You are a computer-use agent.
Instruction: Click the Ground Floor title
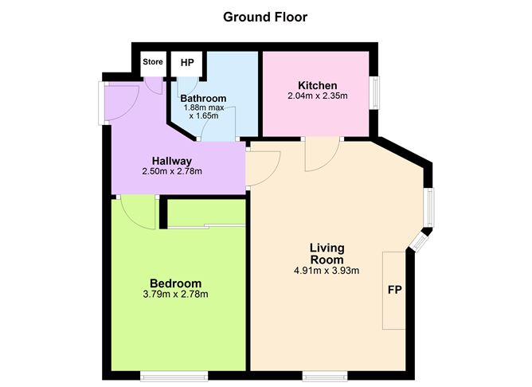coord(265,16)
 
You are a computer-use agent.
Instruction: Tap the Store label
coord(152,62)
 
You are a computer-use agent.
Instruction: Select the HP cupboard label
coord(187,62)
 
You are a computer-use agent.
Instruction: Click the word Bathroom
coord(203,98)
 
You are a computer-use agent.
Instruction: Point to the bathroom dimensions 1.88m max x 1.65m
coord(205,111)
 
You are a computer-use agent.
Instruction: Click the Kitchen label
coord(317,85)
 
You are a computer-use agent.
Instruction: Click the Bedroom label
coord(175,283)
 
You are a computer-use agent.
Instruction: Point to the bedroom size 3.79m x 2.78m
coord(175,295)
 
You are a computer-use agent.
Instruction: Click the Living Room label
coord(327,253)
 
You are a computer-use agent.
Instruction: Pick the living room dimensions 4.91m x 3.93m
coord(327,271)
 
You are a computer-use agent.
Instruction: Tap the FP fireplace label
coord(393,289)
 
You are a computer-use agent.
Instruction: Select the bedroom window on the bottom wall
coord(174,375)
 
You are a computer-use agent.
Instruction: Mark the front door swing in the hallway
coord(124,102)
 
